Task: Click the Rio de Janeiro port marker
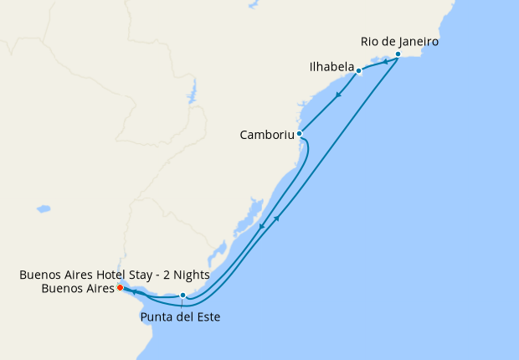pyautogui.click(x=398, y=54)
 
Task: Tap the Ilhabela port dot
pyautogui.click(x=358, y=71)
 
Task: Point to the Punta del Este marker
pyautogui.click(x=182, y=295)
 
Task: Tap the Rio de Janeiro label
pyautogui.click(x=399, y=41)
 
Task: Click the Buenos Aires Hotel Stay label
pyautogui.click(x=114, y=275)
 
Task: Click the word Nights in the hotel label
pyautogui.click(x=189, y=275)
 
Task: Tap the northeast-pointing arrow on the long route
pyautogui.click(x=276, y=219)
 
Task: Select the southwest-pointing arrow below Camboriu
pyautogui.click(x=261, y=226)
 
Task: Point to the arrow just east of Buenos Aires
pyautogui.click(x=134, y=291)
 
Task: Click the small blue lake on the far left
pyautogui.click(x=43, y=208)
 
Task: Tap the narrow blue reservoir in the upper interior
pyautogui.click(x=192, y=91)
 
